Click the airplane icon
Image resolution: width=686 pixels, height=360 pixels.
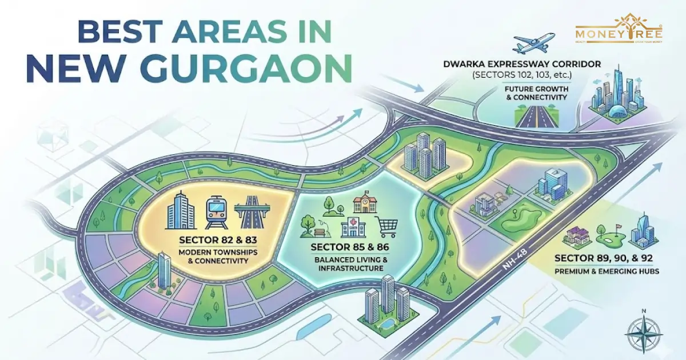click(x=534, y=43)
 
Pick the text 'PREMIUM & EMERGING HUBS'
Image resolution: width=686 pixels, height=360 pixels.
click(x=607, y=271)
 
